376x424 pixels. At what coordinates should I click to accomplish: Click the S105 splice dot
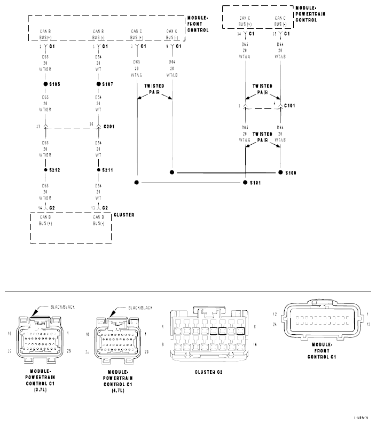coord(46,84)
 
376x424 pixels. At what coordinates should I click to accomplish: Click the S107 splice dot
coord(99,84)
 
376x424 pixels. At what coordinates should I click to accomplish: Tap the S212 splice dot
coord(46,170)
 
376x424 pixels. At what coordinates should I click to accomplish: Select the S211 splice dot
coord(99,170)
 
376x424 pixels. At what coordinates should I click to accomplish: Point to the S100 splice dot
coord(281,172)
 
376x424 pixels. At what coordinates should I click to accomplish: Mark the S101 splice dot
coord(245,183)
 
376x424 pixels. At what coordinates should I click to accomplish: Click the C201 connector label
coord(110,127)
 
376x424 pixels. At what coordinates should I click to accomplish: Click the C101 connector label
coord(290,106)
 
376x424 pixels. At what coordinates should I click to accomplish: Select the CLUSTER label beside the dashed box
coord(124,215)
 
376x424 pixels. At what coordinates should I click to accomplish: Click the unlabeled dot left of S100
coord(171,172)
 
